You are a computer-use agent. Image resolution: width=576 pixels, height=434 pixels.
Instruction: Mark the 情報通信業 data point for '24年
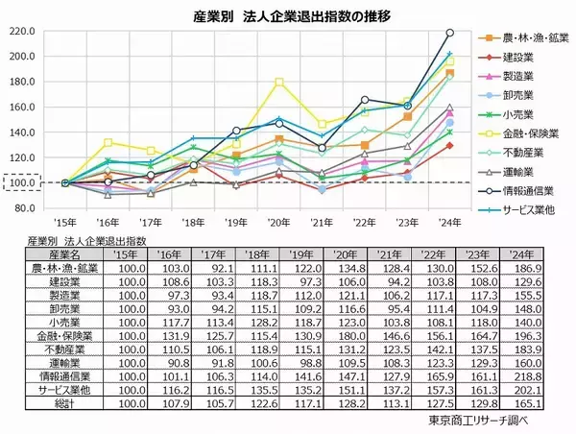coord(450,33)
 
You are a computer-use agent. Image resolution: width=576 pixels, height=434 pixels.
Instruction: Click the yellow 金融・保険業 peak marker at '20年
coord(279,82)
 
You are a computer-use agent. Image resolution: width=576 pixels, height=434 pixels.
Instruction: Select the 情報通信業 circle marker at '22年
coord(365,99)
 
